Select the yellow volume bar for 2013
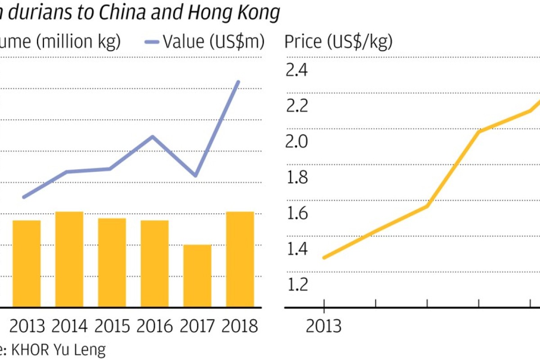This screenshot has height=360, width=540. click(x=27, y=264)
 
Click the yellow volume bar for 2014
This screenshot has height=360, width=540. click(x=69, y=259)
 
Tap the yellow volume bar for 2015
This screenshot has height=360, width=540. click(x=112, y=263)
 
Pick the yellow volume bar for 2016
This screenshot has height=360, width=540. click(x=154, y=264)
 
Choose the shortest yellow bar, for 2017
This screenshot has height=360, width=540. click(x=197, y=276)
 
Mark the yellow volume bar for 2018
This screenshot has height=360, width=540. click(x=240, y=259)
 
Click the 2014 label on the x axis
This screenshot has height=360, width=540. click(x=69, y=326)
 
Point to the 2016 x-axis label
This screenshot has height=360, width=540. click(x=154, y=326)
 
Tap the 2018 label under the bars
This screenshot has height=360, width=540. click(x=240, y=326)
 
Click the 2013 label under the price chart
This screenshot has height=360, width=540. click(x=324, y=326)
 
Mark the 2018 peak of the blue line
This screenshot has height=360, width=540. click(x=238, y=82)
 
